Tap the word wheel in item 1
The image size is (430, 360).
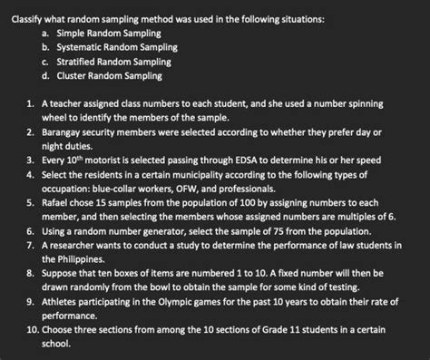click(57, 118)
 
